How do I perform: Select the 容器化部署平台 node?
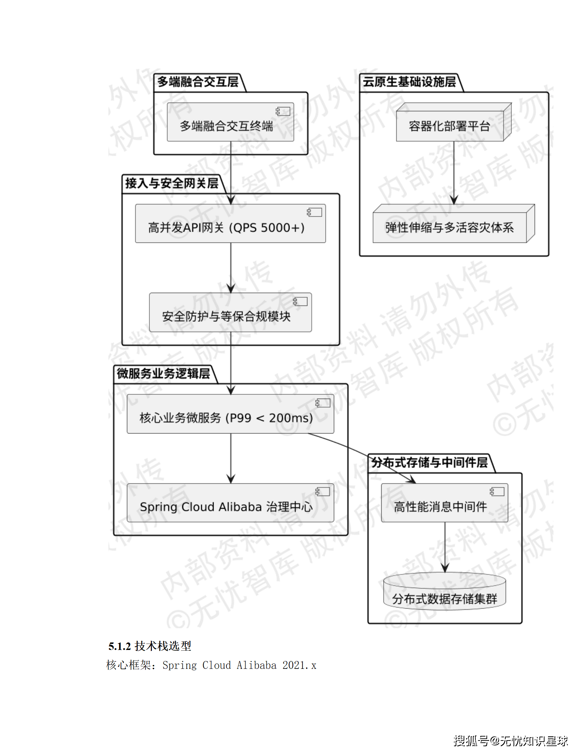tap(450, 126)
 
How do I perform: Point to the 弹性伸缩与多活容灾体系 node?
tap(450, 227)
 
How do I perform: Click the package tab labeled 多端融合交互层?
tap(198, 82)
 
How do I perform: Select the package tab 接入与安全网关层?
tap(172, 184)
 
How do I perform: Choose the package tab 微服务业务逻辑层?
tap(164, 374)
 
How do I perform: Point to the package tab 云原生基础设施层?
tap(409, 82)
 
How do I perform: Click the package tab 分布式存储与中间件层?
tap(429, 463)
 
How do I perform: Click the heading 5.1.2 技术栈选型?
tap(150, 646)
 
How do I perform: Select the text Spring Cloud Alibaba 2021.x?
tap(239, 665)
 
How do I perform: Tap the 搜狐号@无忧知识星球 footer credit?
tap(511, 741)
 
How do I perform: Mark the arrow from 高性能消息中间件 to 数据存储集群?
tap(445, 547)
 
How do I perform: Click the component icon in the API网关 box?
tap(314, 213)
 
